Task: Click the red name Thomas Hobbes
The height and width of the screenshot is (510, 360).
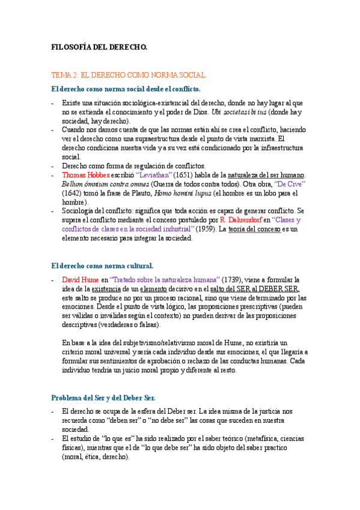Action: coord(85,175)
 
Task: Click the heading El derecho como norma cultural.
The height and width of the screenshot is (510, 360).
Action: coord(103,265)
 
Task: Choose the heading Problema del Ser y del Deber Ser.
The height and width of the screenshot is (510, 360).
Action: coord(103,398)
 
